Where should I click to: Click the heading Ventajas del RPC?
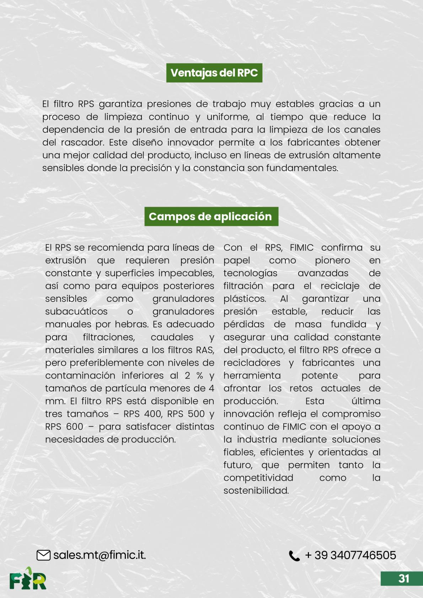pos(214,73)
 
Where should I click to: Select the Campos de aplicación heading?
pos(211,216)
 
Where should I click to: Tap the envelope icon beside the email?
pos(43,555)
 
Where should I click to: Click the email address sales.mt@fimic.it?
pos(100,555)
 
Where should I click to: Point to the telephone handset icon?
pos(294,556)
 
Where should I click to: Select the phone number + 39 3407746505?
pos(350,555)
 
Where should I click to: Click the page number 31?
pos(404,579)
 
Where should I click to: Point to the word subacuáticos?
pos(76,311)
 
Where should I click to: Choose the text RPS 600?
pos(64,426)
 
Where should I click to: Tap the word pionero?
pos(332,260)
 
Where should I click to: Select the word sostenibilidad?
pos(256,490)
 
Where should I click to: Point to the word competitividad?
pos(258,478)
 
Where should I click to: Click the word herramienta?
pos(252,375)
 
